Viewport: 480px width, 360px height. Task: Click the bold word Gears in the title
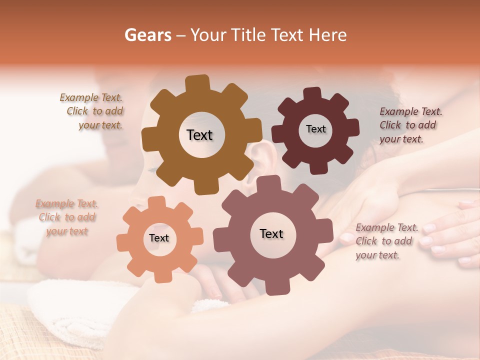147,35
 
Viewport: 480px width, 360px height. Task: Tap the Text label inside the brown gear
199,135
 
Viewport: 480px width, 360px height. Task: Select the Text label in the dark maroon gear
315,129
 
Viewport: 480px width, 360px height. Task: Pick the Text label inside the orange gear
159,238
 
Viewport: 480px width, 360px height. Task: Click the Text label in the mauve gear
271,234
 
